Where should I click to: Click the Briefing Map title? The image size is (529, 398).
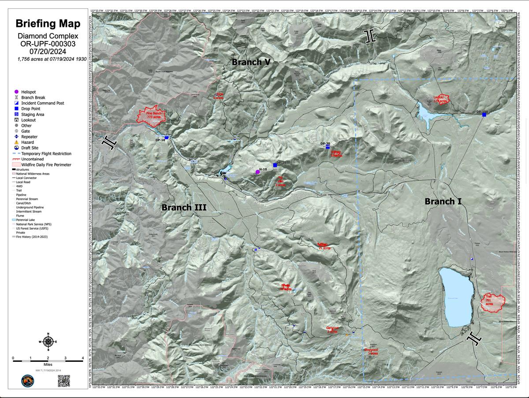click(48, 24)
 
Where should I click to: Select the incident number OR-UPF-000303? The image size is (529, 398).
click(48, 44)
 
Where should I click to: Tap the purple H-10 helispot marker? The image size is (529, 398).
click(257, 172)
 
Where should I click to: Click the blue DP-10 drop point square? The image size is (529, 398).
click(166, 138)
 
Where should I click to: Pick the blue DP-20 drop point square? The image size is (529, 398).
click(275, 165)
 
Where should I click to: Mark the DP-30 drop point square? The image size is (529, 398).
click(328, 148)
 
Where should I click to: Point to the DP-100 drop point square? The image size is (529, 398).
click(484, 115)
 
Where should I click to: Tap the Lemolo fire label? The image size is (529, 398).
click(440, 99)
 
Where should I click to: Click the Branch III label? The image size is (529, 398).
click(183, 207)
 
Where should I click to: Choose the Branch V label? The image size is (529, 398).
click(251, 63)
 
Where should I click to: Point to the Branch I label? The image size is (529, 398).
click(443, 201)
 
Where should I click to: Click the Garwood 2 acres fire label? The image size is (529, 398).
click(332, 329)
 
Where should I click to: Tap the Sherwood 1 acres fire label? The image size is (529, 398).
click(371, 351)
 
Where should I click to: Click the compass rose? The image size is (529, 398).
click(48, 342)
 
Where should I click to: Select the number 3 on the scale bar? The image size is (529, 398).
click(65, 357)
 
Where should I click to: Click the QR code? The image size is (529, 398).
click(64, 381)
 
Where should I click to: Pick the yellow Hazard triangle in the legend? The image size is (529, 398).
click(16, 142)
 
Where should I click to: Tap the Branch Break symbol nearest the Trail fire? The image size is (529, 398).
click(474, 338)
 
